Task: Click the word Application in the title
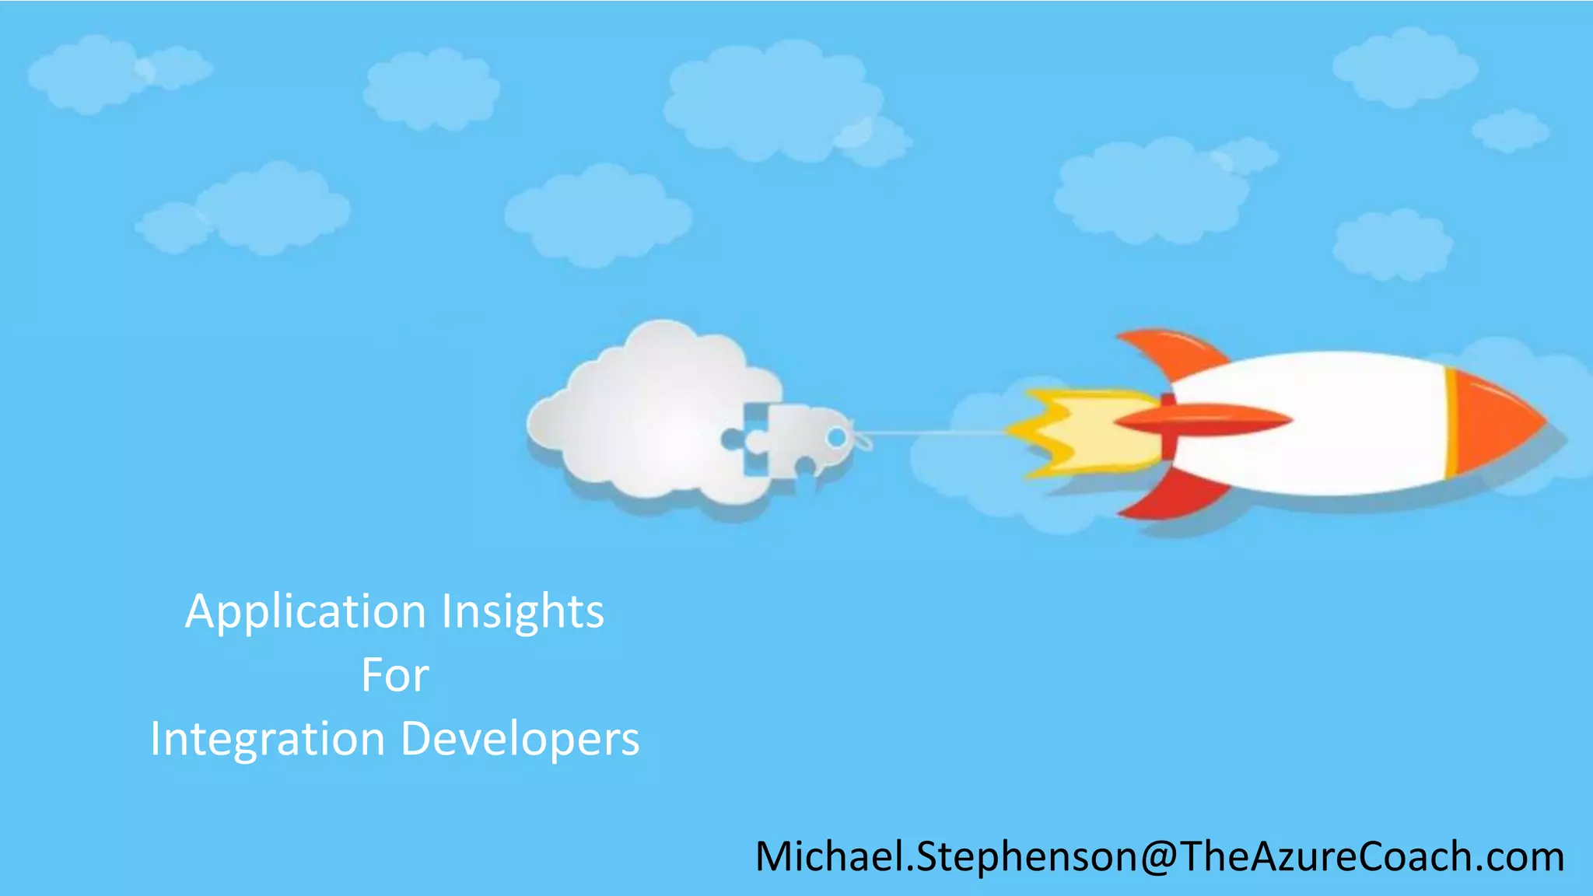306,612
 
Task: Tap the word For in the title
394,675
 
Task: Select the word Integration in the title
268,739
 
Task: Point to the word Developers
520,739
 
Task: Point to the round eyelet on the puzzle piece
836,438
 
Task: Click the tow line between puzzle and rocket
933,432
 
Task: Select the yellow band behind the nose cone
1451,422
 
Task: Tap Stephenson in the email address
1027,857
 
